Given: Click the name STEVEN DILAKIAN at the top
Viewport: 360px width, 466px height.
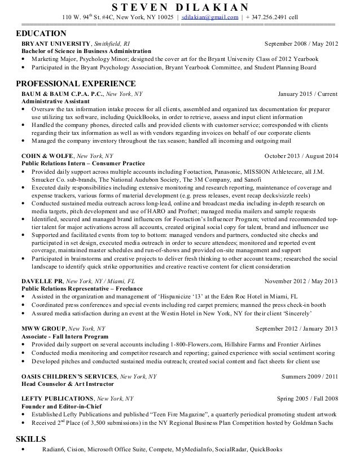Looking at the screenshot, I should [179, 7].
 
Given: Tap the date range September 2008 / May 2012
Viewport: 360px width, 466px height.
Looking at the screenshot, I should [301, 44].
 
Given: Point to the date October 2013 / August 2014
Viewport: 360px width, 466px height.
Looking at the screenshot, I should [301, 155].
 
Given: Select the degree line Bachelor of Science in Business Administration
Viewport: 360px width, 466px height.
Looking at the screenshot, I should [90, 51].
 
